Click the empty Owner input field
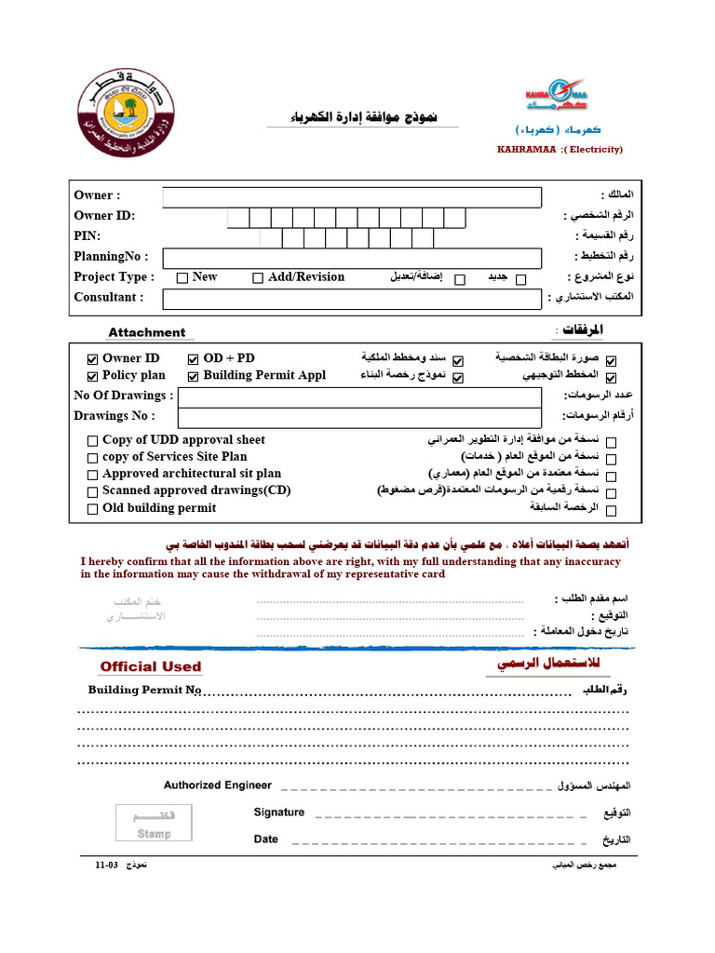click(351, 197)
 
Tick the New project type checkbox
click(182, 277)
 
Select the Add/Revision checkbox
click(258, 277)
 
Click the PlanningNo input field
click(351, 258)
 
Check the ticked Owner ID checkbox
click(92, 359)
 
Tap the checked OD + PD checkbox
click(194, 359)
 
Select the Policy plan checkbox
click(92, 376)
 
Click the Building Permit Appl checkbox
click(194, 376)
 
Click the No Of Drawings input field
click(359, 396)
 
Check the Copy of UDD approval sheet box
click(92, 441)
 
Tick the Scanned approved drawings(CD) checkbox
click(92, 491)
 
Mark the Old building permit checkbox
click(92, 509)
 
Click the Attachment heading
click(146, 332)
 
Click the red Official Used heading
click(151, 666)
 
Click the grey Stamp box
click(154, 825)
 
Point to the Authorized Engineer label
click(218, 785)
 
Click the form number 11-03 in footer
click(106, 866)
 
